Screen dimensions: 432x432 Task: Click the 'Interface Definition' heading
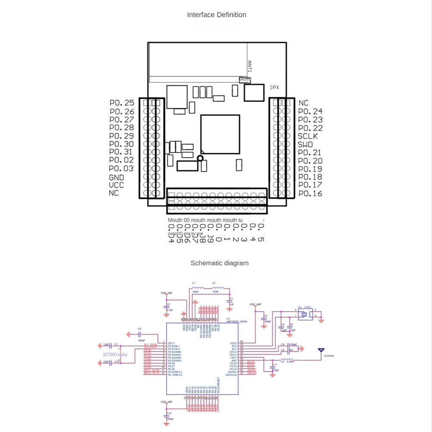(216, 15)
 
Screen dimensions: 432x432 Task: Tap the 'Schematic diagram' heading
(219, 263)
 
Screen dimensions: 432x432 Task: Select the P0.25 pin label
(122, 103)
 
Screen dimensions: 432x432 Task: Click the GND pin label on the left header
(116, 177)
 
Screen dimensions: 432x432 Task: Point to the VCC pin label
(116, 185)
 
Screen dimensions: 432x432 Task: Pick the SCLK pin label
(308, 136)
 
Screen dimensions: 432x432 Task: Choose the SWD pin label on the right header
(305, 145)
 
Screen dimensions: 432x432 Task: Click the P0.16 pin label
(310, 193)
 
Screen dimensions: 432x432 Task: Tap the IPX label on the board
(274, 87)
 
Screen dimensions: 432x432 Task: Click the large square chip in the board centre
(220, 134)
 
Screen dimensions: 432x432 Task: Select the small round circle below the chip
(200, 158)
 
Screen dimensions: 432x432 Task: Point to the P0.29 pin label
(122, 136)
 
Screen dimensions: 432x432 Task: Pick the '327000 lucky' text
(115, 354)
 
